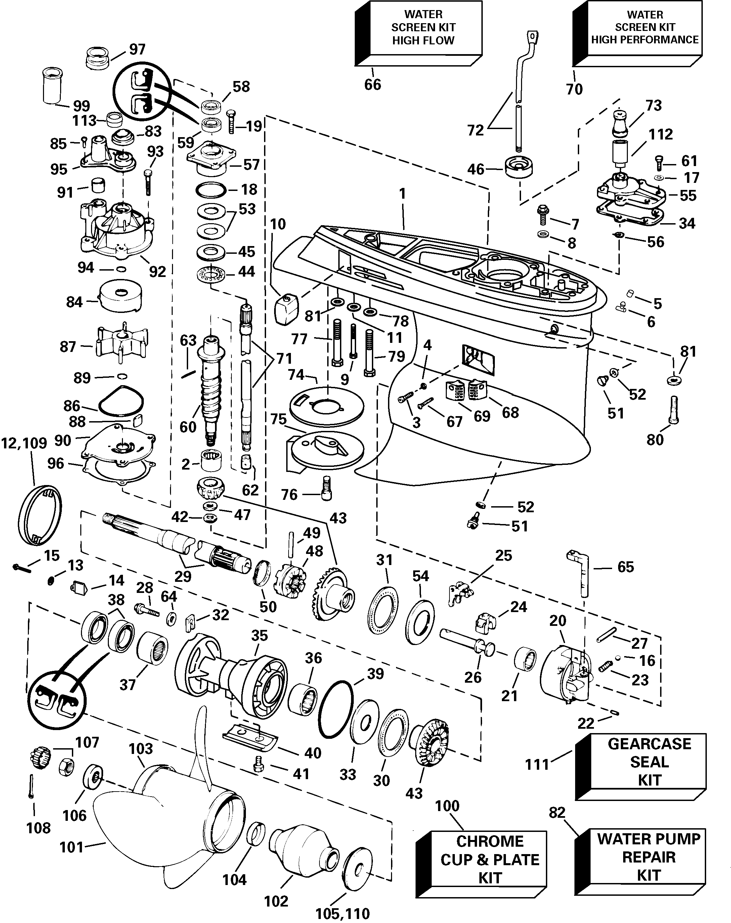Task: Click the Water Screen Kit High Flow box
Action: click(423, 28)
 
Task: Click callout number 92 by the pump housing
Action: click(158, 271)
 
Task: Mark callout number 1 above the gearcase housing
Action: click(402, 194)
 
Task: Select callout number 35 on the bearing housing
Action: click(259, 636)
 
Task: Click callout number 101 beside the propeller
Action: click(71, 847)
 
